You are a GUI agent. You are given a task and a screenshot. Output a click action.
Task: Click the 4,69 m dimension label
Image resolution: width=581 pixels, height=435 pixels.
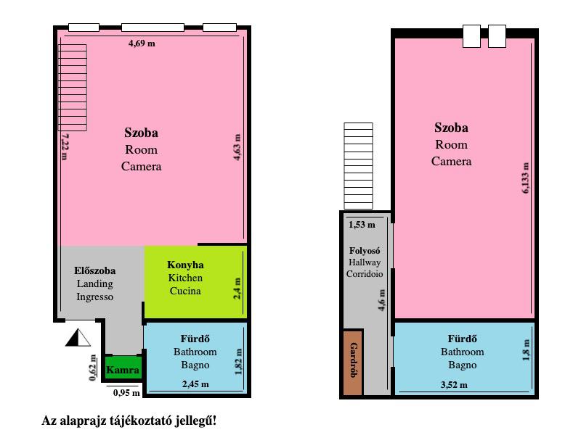point(142,43)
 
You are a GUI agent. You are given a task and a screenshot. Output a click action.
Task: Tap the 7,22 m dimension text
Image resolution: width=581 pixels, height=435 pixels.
point(65,146)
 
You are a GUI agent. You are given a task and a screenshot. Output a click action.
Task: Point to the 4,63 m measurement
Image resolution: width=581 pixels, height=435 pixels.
point(237,147)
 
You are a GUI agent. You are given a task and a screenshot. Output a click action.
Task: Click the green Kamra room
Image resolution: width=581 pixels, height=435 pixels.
point(123,368)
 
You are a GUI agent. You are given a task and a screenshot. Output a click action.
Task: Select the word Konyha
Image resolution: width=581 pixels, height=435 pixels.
point(185,265)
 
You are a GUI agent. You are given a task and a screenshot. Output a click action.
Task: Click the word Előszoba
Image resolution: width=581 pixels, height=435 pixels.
point(95,270)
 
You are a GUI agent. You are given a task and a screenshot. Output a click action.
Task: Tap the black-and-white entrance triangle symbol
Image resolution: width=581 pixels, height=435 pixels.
point(78,337)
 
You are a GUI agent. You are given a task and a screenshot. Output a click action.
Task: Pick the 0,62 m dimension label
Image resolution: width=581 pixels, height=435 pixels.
point(93,368)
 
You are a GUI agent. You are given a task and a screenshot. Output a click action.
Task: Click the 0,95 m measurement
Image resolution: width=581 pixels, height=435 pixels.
point(126,392)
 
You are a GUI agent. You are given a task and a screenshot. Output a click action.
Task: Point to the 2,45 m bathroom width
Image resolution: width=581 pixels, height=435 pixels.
point(195,384)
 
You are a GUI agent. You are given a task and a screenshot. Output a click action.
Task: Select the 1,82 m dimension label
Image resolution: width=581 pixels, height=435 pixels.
point(238,361)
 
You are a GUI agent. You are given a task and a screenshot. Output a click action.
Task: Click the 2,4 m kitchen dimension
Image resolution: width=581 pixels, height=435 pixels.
point(237,288)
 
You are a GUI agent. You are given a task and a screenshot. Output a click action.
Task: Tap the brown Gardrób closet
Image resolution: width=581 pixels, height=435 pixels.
point(353,362)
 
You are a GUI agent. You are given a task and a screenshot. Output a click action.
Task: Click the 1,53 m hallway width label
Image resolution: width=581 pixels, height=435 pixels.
point(362,225)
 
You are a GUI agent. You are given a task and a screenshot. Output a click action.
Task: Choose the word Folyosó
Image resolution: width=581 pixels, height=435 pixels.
point(365,250)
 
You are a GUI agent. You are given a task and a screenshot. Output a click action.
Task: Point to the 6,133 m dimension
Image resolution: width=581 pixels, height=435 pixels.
point(525,178)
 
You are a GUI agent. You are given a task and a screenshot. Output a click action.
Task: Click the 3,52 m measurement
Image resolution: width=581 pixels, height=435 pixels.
point(454,385)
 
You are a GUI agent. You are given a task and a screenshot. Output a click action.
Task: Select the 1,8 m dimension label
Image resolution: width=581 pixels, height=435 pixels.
point(526,350)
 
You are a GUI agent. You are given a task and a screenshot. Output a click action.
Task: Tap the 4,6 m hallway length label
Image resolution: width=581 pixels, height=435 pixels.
point(381,300)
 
